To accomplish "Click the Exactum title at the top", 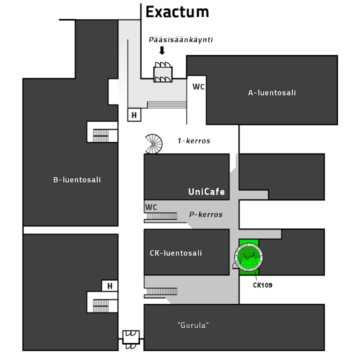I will (177, 11).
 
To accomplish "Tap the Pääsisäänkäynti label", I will (181, 39).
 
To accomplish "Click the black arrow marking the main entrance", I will (161, 50).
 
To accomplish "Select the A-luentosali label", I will (272, 92).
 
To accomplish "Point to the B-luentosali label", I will (77, 179).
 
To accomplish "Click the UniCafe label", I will (206, 191).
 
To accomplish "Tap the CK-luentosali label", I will (176, 253).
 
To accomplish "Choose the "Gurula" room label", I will (193, 325).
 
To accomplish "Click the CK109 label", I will (262, 285).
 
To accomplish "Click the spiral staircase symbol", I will (153, 144).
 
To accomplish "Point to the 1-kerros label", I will (193, 141).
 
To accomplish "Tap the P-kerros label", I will (205, 214).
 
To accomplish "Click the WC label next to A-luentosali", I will (198, 86).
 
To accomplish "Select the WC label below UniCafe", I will (151, 207).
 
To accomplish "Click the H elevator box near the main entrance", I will (134, 115).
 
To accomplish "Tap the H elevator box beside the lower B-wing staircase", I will (109, 286).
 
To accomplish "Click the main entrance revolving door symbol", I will (163, 73).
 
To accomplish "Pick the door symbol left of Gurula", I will (131, 338).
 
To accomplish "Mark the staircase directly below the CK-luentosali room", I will (161, 291).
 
